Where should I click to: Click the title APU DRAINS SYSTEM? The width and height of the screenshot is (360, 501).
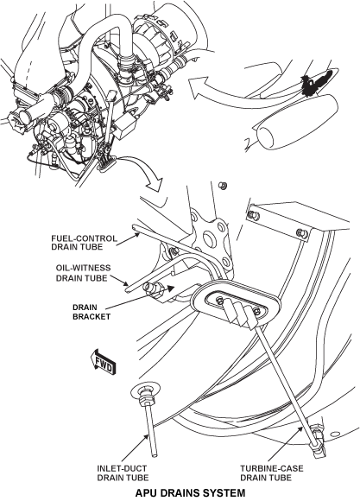tap(191, 492)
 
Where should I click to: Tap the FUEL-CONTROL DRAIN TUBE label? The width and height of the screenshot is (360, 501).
tap(85, 243)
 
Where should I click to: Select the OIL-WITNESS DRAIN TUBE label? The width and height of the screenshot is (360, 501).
tap(83, 273)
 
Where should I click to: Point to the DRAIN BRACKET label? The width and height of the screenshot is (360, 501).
tap(92, 312)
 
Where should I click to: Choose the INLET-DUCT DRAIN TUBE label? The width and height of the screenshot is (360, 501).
tap(123, 472)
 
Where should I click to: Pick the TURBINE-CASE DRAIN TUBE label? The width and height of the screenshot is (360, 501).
tap(272, 472)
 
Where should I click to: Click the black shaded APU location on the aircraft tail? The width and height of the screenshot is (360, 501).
tap(317, 83)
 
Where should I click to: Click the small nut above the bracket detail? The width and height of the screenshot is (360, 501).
tap(222, 185)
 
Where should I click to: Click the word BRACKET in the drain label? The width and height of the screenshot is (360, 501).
tap(92, 317)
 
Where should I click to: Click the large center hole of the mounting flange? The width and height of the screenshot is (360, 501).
tap(207, 239)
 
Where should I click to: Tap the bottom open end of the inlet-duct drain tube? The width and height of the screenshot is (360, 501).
tap(155, 454)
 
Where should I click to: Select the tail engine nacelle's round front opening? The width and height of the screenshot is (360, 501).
tap(266, 138)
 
